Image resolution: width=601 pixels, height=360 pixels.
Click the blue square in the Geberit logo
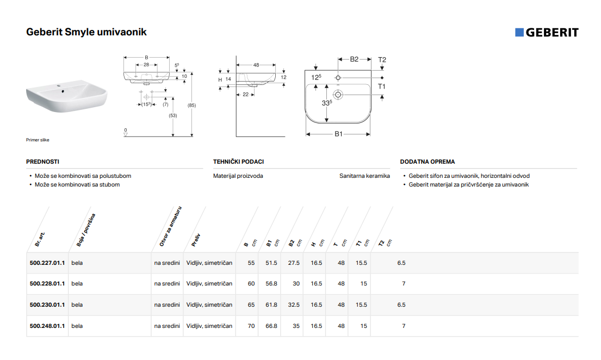tap(519, 32)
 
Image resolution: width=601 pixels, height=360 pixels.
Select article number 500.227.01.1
tap(47, 263)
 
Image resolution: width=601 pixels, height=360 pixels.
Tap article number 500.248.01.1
tap(47, 326)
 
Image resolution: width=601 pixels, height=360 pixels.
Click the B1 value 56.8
tap(271, 284)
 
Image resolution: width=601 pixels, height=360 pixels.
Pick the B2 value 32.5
tap(294, 305)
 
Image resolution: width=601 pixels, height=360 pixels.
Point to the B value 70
tap(251, 326)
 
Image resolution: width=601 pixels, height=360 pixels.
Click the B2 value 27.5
tap(294, 263)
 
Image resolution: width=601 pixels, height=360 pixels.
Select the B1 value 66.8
tap(271, 326)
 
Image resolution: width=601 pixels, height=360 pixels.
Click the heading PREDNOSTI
tap(42, 162)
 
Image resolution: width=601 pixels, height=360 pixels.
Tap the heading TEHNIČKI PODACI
tap(238, 162)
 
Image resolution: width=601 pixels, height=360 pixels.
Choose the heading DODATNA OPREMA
tap(427, 162)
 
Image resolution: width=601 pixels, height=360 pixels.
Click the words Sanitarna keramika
tap(364, 176)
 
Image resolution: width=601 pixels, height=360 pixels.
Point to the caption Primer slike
tap(38, 140)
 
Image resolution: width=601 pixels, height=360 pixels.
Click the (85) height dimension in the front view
tap(191, 105)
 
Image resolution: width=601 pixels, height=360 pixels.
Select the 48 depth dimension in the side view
tap(256, 65)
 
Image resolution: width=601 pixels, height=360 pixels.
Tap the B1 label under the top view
tap(338, 134)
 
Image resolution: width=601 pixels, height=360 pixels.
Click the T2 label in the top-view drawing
tap(382, 60)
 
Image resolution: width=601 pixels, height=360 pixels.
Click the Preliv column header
tap(196, 240)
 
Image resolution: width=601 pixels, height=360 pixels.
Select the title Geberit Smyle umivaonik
tap(86, 32)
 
